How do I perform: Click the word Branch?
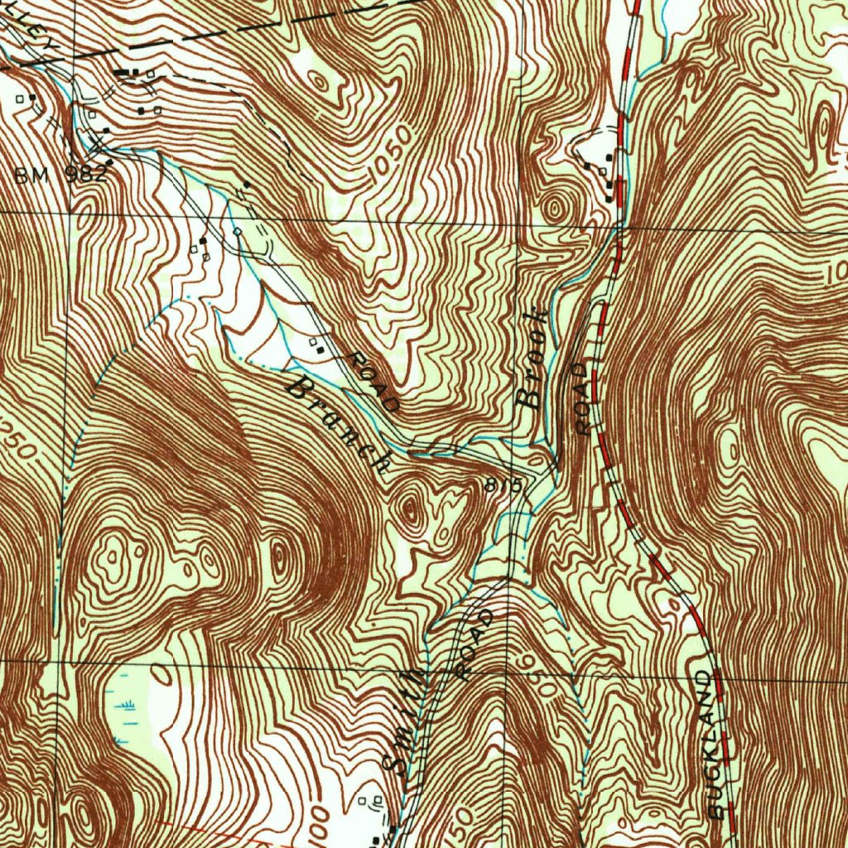pyautogui.click(x=340, y=422)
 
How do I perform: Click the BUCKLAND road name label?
pyautogui.click(x=713, y=745)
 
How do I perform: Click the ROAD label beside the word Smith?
pyautogui.click(x=475, y=644)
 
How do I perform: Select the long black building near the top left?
pyautogui.click(x=127, y=73)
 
